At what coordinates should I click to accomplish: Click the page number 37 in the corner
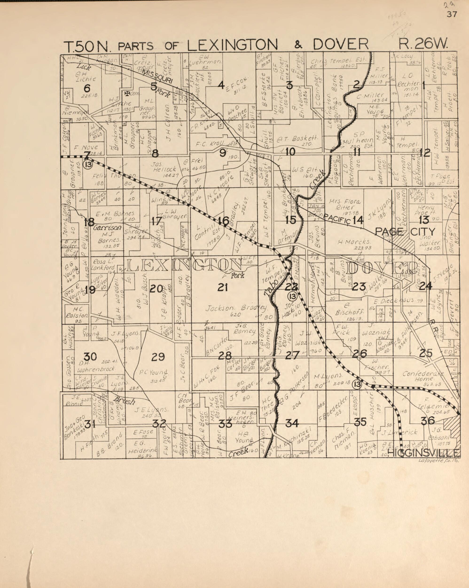(x=452, y=15)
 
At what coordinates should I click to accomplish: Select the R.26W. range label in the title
(x=423, y=44)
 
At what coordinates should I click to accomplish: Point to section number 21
(x=223, y=288)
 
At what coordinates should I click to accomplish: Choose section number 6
(x=87, y=88)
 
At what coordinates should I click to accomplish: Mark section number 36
(x=428, y=421)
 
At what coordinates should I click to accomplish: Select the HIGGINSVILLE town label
(x=423, y=453)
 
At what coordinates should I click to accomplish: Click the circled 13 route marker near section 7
(x=88, y=164)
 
